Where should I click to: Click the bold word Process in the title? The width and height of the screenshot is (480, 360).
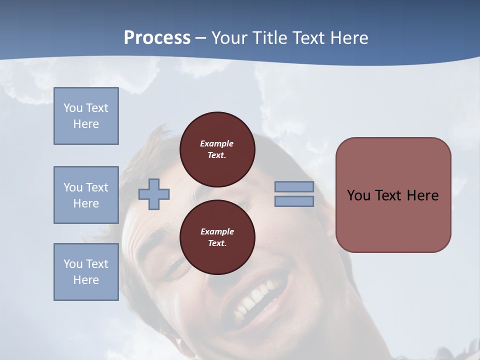(157, 38)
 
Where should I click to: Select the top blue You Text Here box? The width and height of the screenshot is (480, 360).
(86, 116)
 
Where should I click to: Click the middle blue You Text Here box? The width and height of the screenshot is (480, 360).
(86, 195)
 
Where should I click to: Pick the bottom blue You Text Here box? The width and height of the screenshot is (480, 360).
(86, 272)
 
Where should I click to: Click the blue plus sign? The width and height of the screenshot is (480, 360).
(154, 194)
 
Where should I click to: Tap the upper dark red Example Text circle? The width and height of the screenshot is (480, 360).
(217, 149)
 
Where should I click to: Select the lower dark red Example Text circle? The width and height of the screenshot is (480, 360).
(217, 237)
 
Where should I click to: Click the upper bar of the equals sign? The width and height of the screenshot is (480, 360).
(294, 187)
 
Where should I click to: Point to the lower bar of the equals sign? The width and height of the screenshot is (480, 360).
(294, 201)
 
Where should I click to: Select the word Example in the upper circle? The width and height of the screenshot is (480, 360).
(216, 143)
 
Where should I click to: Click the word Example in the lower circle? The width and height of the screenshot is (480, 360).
(217, 231)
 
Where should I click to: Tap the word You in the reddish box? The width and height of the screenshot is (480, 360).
(358, 195)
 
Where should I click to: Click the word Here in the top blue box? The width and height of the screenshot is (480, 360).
(86, 124)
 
